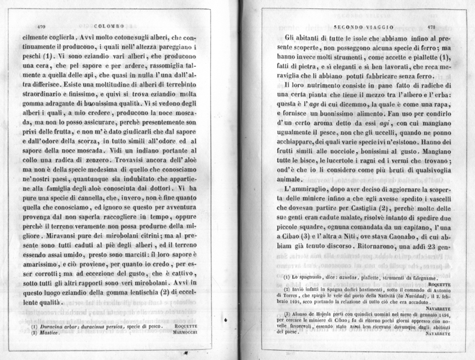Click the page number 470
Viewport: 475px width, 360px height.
point(40,26)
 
